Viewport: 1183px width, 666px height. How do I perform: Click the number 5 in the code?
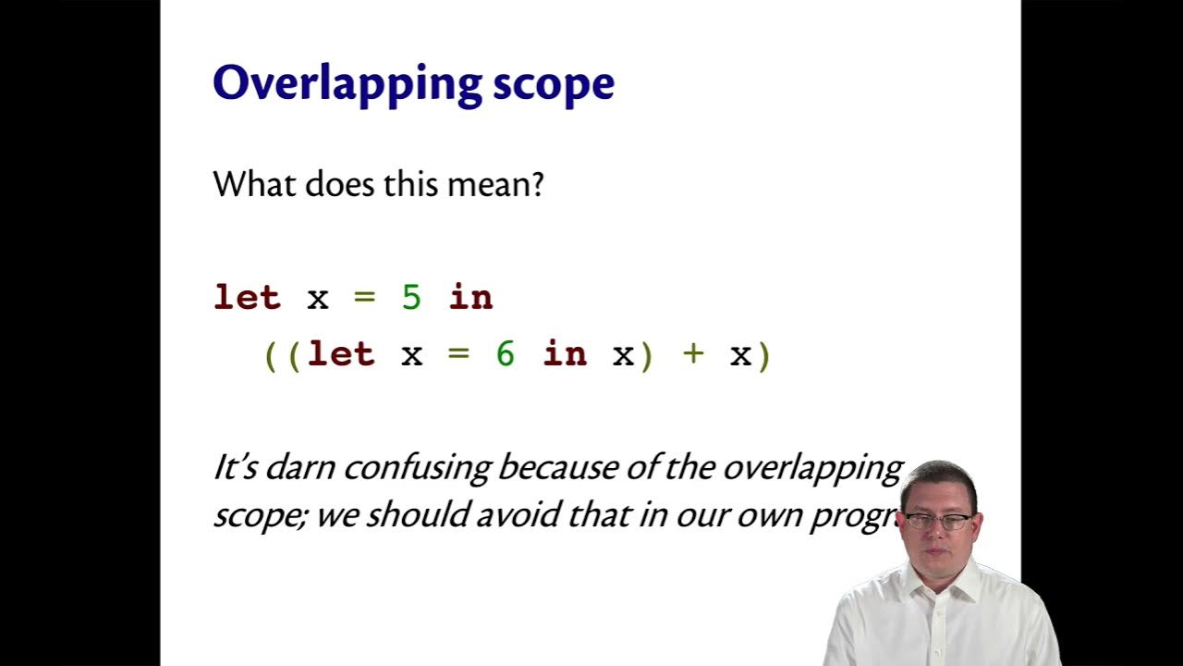coord(411,298)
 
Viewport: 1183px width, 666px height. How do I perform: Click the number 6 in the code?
coord(505,354)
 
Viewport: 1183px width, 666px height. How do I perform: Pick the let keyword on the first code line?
coord(247,298)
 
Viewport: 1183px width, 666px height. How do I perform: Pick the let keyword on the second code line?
coord(341,354)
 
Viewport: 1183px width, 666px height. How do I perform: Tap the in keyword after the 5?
coord(470,298)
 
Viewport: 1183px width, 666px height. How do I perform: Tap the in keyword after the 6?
coord(565,354)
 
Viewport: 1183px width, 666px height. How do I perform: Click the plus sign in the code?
coord(693,354)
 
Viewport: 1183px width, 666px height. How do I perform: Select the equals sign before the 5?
coord(365,298)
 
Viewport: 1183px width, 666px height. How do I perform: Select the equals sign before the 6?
coord(459,354)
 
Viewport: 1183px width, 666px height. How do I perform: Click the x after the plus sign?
coord(740,354)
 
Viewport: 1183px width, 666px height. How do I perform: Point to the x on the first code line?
coord(318,298)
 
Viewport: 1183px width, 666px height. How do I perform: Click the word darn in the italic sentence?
coord(300,468)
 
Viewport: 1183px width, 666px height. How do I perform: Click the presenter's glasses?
coord(938,522)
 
